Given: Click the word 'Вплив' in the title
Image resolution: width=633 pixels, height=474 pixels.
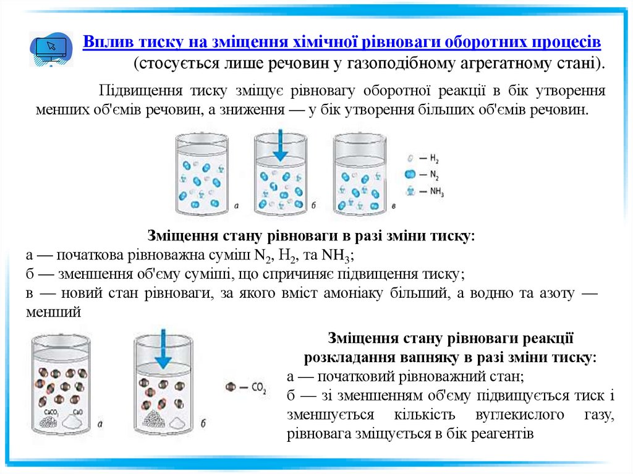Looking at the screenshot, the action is (x=101, y=43).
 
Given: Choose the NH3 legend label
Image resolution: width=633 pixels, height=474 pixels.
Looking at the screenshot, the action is (x=436, y=192).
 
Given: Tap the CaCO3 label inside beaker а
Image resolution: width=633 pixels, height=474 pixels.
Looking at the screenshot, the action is (x=51, y=411).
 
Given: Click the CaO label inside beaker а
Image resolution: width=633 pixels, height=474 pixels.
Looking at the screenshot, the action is (x=78, y=411).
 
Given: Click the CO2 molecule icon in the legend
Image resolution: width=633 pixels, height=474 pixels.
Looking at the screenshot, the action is (x=231, y=387).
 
